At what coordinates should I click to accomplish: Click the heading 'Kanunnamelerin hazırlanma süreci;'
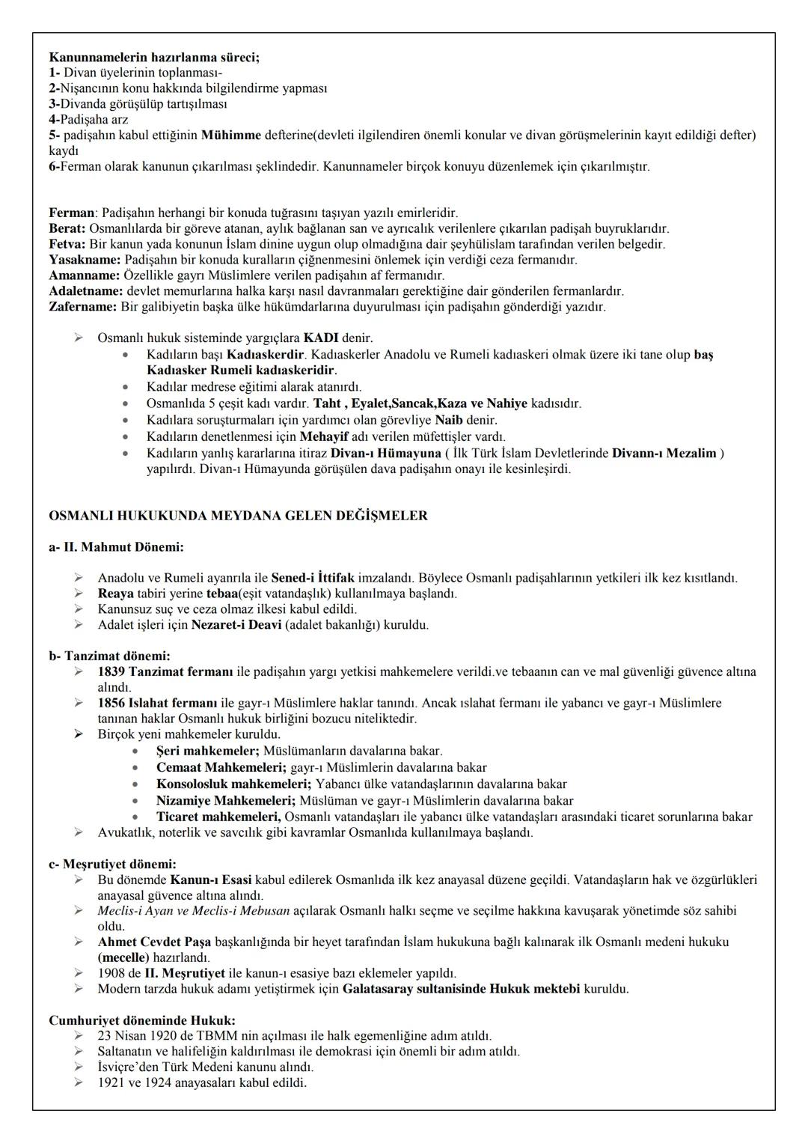pyautogui.click(x=154, y=57)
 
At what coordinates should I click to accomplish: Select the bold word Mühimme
pyautogui.click(x=231, y=135)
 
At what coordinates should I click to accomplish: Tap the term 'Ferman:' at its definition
pyautogui.click(x=73, y=213)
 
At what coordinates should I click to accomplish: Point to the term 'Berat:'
pyautogui.click(x=67, y=229)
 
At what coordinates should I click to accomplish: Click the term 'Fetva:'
pyautogui.click(x=67, y=245)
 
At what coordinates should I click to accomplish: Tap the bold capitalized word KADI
pyautogui.click(x=322, y=338)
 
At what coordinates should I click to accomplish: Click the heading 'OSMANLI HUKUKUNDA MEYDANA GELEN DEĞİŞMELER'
pyautogui.click(x=238, y=516)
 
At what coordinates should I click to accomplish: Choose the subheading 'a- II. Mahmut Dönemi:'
pyautogui.click(x=116, y=547)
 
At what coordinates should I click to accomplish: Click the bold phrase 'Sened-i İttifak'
pyautogui.click(x=313, y=579)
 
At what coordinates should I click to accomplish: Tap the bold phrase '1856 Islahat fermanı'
pyautogui.click(x=158, y=704)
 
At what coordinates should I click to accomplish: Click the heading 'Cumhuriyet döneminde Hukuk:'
pyautogui.click(x=142, y=1021)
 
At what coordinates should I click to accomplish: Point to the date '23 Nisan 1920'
pyautogui.click(x=134, y=1037)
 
